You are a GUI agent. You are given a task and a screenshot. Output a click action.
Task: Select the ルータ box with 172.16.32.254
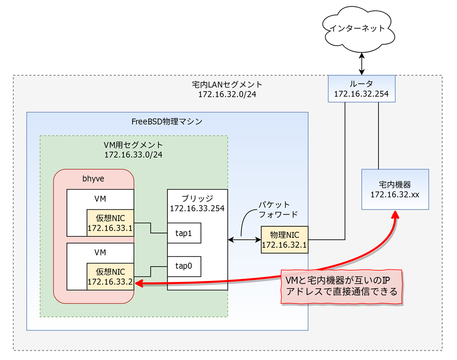[362, 89]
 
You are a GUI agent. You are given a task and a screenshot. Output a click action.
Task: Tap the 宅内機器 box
[395, 189]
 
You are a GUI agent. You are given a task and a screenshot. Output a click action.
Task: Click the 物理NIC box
[284, 240]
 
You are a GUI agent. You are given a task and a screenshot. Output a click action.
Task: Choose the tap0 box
[184, 266]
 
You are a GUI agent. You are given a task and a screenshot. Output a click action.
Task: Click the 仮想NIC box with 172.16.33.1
[110, 223]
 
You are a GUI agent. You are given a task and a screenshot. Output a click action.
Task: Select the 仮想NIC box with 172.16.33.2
[110, 276]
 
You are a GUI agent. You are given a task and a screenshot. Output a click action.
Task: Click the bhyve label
[94, 178]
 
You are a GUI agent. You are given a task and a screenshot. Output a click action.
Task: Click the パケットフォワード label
[278, 209]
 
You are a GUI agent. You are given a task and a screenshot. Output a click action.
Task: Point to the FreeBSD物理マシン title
[167, 121]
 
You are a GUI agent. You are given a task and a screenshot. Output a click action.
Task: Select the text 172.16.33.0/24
[134, 154]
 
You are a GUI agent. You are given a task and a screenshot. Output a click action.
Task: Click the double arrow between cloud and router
[361, 64]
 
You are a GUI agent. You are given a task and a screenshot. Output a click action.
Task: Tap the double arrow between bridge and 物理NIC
[244, 240]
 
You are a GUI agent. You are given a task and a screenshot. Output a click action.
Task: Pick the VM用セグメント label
[134, 145]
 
